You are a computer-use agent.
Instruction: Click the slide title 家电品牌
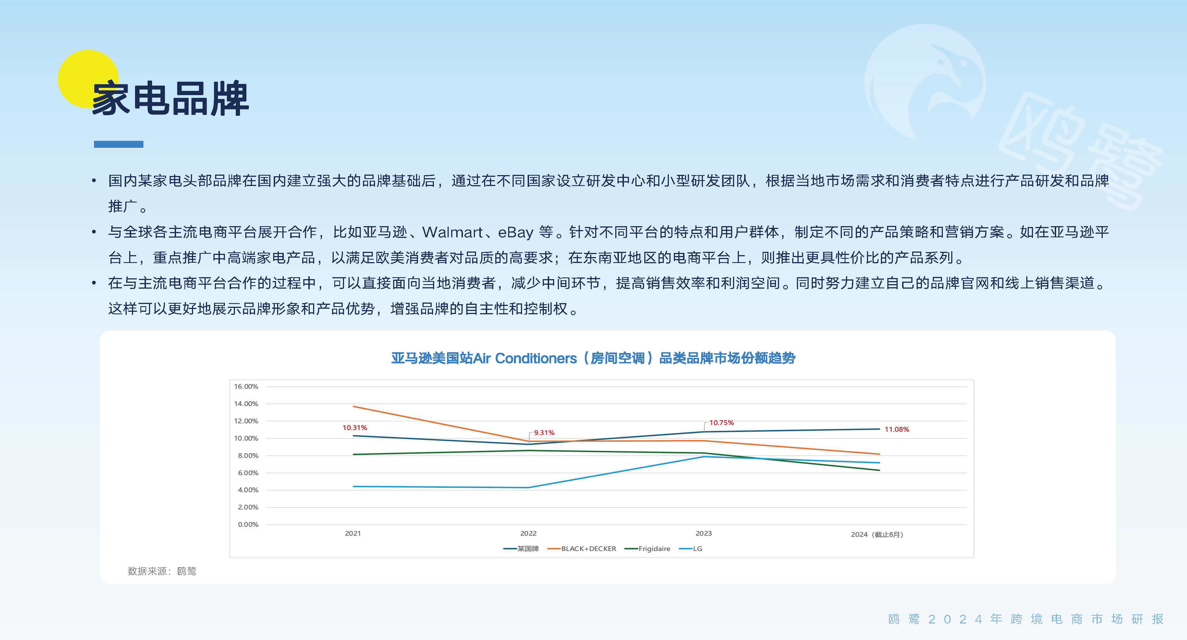(x=170, y=98)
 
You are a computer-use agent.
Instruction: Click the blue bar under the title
(x=118, y=144)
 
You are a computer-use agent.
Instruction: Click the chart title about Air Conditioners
(x=593, y=358)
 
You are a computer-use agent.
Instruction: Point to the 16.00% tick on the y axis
(x=246, y=386)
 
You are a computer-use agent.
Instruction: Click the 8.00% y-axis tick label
(x=248, y=455)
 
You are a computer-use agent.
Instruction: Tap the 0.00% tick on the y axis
(x=248, y=525)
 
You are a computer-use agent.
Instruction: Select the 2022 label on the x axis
(x=528, y=533)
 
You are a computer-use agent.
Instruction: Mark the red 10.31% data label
(x=355, y=428)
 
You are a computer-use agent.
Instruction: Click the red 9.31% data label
(x=544, y=433)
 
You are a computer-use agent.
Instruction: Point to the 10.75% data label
(x=722, y=423)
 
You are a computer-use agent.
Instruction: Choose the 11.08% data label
(x=897, y=429)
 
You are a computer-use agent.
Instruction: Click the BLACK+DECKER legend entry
(x=582, y=549)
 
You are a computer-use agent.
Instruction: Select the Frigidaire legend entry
(x=647, y=549)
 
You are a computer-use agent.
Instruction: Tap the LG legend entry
(x=691, y=549)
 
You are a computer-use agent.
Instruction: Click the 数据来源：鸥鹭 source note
(x=162, y=571)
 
